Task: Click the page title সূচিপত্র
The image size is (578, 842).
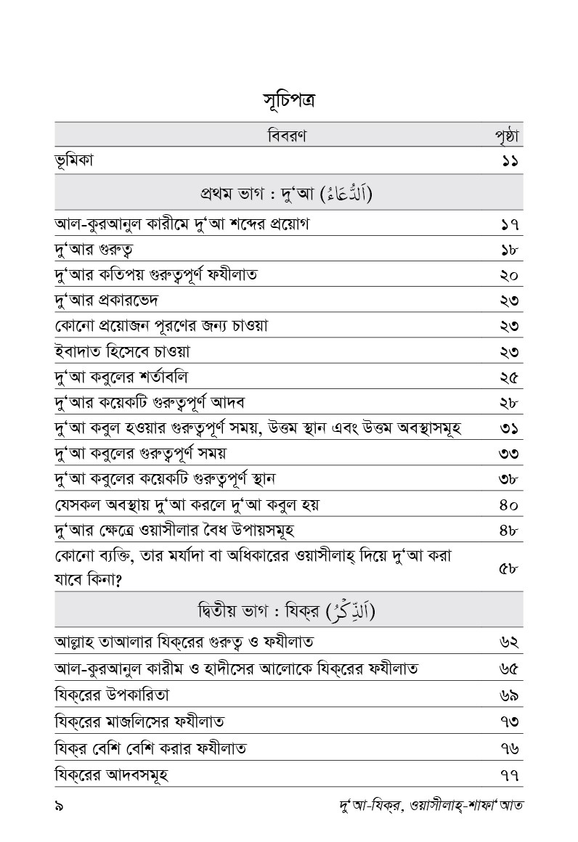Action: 289,100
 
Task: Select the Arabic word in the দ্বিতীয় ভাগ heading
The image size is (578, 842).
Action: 353,610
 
